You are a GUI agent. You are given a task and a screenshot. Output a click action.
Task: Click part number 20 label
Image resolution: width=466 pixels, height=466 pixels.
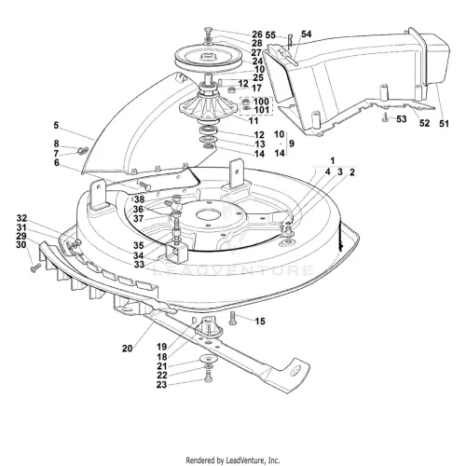click(127, 349)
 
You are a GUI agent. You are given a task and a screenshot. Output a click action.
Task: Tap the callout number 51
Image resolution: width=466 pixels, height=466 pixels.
click(444, 124)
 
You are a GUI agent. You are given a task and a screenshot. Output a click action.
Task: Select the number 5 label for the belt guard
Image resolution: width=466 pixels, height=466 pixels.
click(56, 126)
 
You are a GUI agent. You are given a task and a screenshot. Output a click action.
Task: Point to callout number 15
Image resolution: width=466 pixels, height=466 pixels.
click(260, 322)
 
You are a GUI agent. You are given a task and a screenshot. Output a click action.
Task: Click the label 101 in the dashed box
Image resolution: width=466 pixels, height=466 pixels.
click(261, 110)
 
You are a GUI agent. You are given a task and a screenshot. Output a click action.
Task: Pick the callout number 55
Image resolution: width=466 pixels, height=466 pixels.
click(270, 34)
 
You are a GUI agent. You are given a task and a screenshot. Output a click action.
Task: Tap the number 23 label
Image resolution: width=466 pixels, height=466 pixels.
click(161, 385)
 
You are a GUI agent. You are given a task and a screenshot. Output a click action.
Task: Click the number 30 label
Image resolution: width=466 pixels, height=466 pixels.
click(21, 245)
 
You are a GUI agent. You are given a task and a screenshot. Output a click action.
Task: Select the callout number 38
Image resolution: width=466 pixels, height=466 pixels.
click(139, 199)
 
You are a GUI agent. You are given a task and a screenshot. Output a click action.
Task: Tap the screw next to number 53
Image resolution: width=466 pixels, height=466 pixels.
click(386, 118)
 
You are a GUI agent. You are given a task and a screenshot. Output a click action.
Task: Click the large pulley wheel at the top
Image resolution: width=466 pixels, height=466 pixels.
click(205, 59)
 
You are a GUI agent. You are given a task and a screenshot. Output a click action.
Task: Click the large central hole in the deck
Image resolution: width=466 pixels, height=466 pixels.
click(208, 215)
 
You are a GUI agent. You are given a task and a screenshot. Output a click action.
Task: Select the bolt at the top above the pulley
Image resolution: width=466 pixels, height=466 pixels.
click(209, 32)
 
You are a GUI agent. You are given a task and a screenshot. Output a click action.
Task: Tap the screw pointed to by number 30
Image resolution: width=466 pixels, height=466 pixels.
click(35, 267)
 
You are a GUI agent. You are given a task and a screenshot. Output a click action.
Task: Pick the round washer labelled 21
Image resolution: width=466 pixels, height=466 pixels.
click(209, 359)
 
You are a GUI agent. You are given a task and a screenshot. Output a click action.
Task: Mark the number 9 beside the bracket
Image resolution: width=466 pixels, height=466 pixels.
click(292, 144)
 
